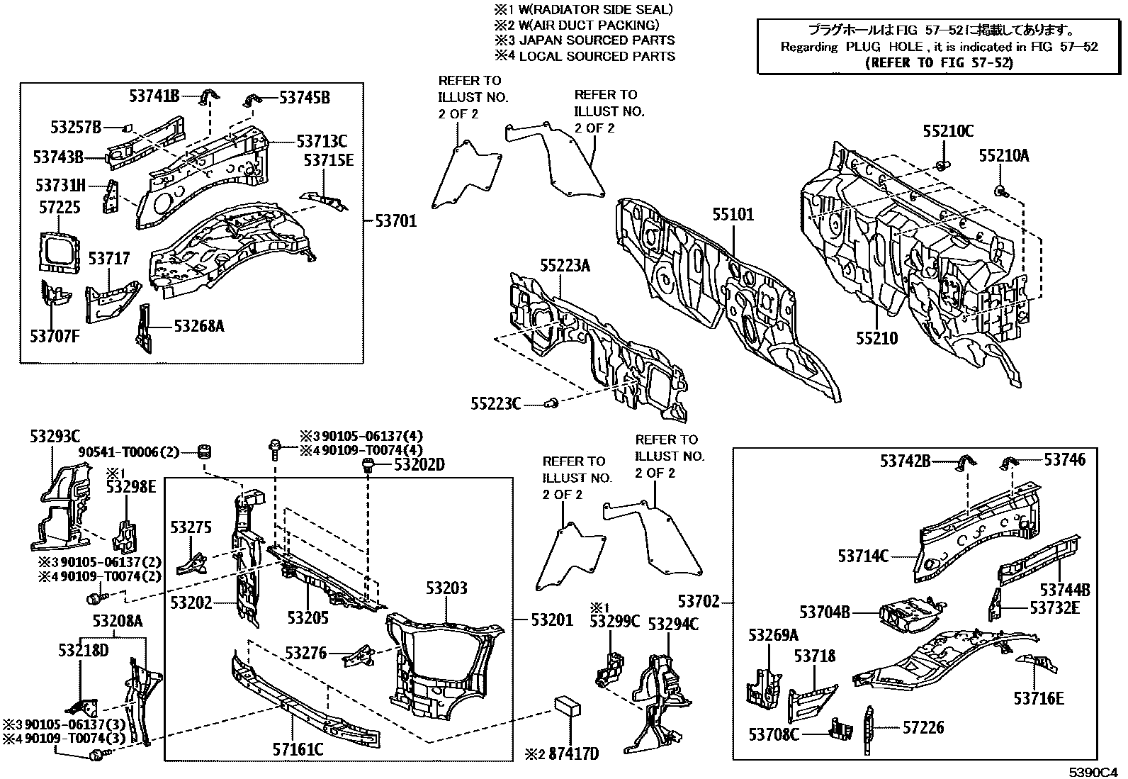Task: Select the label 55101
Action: pyautogui.click(x=733, y=214)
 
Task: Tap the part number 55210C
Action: pyautogui.click(x=948, y=131)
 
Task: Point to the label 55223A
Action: pyautogui.click(x=565, y=266)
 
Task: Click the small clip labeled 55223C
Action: pyautogui.click(x=552, y=403)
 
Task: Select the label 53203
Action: pyautogui.click(x=446, y=588)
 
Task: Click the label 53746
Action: pyautogui.click(x=1064, y=459)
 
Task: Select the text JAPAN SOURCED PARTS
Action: pyautogui.click(x=597, y=40)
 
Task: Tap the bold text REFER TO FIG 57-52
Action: pyautogui.click(x=940, y=62)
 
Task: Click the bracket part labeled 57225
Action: pyautogui.click(x=57, y=250)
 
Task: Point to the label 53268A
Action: pyautogui.click(x=199, y=326)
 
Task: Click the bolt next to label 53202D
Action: pyautogui.click(x=368, y=465)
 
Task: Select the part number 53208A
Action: pyautogui.click(x=118, y=621)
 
